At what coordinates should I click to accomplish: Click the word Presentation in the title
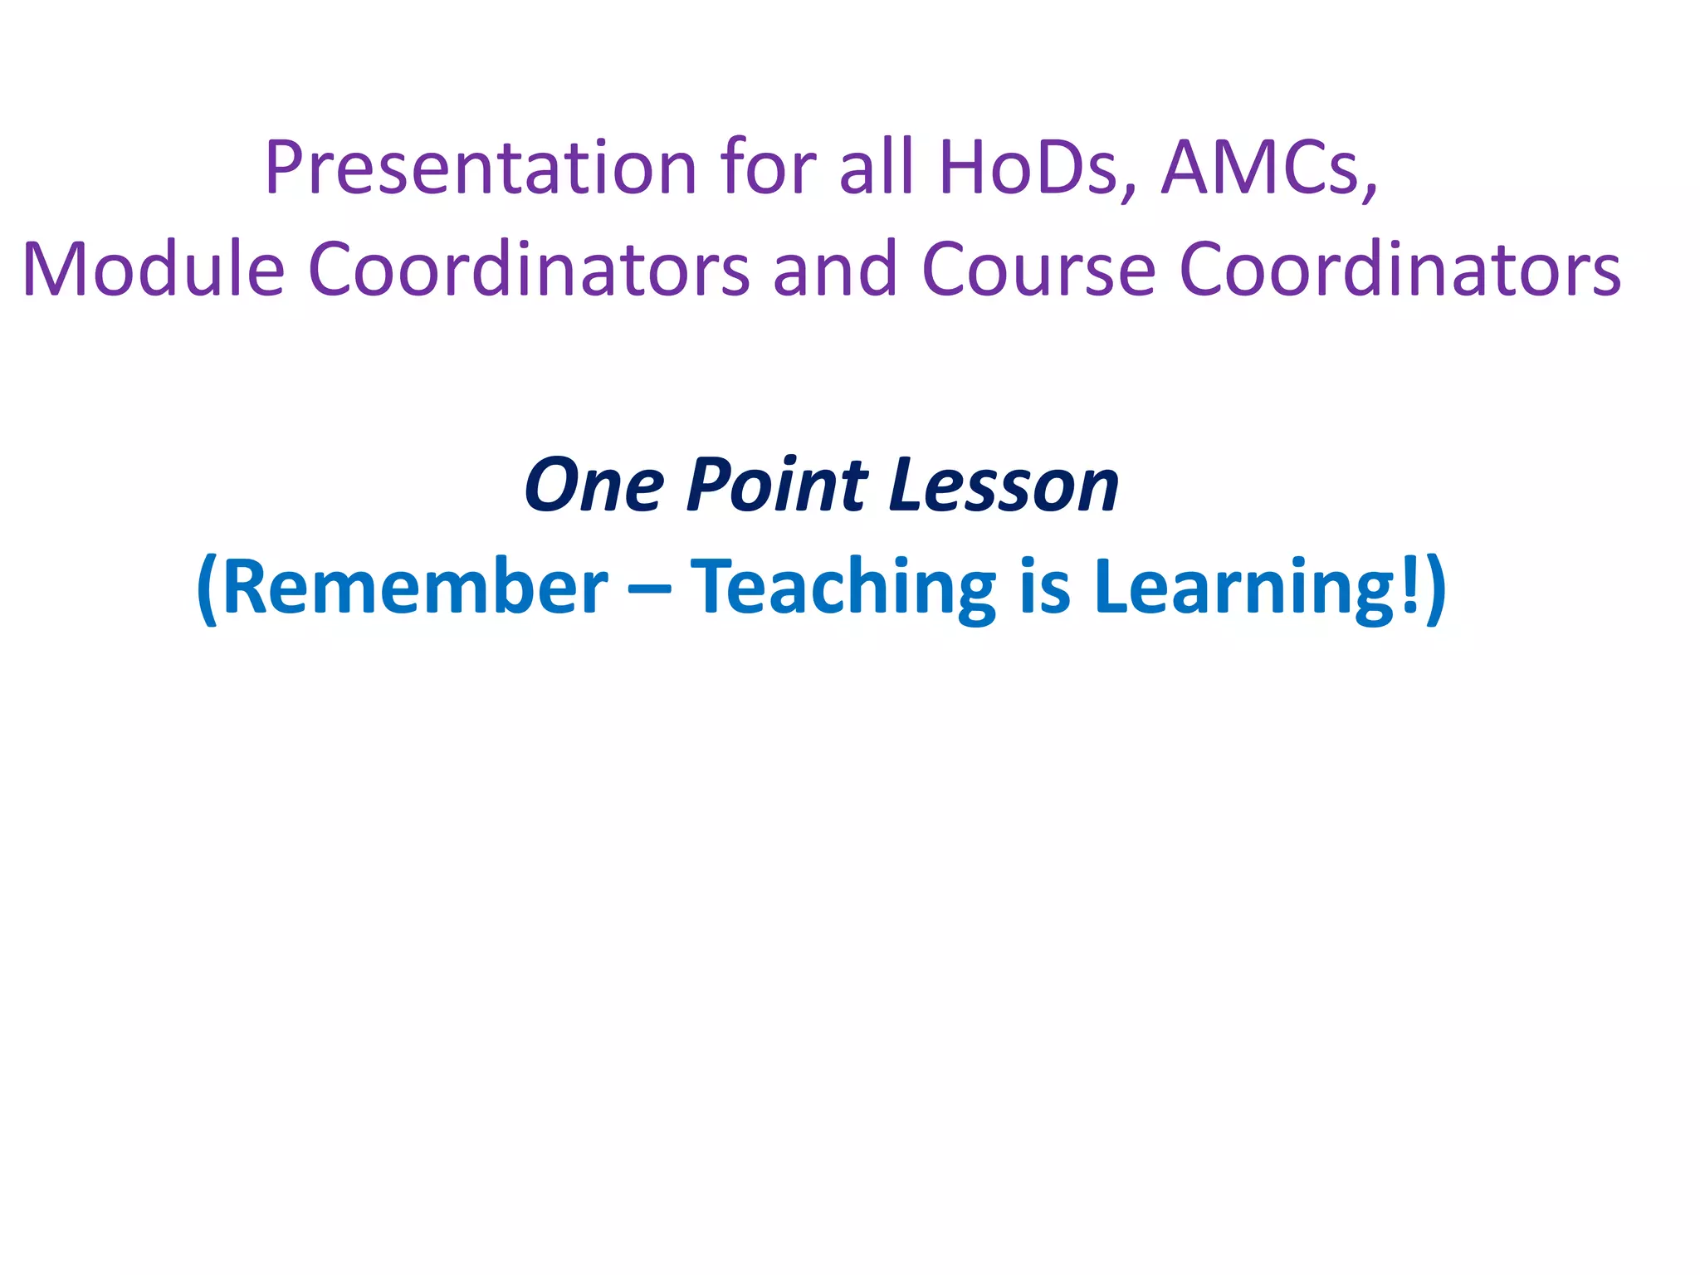pos(480,169)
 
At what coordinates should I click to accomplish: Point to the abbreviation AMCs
pos(1267,169)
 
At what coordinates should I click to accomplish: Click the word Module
pos(154,269)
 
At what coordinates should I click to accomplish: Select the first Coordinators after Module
pos(529,269)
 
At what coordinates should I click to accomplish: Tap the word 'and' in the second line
pos(835,269)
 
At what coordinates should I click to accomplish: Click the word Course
pos(1038,269)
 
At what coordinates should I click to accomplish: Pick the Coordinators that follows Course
pos(1400,269)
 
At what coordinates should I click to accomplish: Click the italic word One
pos(594,485)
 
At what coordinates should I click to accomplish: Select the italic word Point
pos(777,485)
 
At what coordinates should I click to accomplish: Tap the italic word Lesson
pos(1004,485)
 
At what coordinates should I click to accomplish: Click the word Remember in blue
pos(415,587)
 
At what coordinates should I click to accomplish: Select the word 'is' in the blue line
pos(1044,587)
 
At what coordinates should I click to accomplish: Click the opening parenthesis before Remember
pos(208,589)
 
